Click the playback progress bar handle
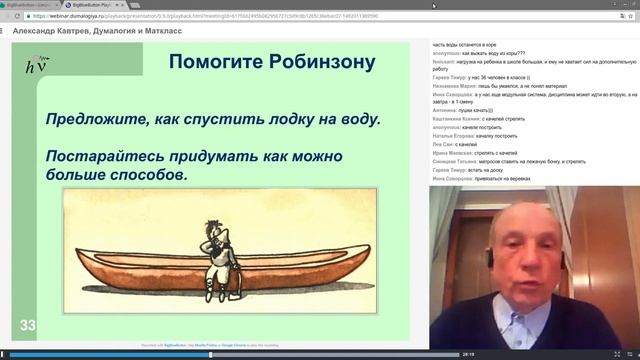[210, 354]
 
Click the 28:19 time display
[467, 354]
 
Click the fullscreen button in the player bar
[630, 354]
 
